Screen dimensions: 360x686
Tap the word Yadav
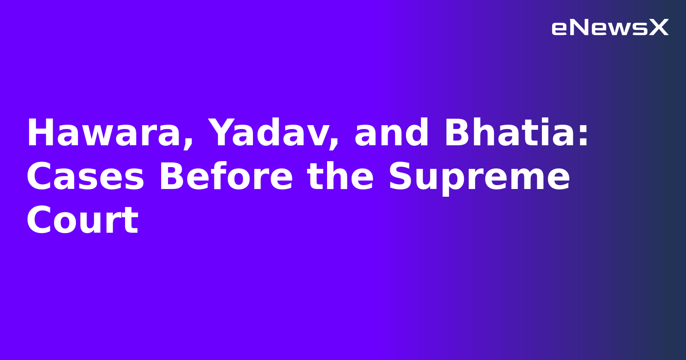(x=267, y=133)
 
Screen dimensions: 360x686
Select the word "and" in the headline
(x=391, y=133)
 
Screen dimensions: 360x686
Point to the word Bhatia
(x=510, y=133)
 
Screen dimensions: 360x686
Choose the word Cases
(x=85, y=177)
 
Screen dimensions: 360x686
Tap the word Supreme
(x=479, y=178)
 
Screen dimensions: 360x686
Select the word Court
(x=82, y=221)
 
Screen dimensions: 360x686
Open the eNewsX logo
(x=610, y=27)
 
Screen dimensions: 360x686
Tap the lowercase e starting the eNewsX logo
(x=559, y=29)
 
